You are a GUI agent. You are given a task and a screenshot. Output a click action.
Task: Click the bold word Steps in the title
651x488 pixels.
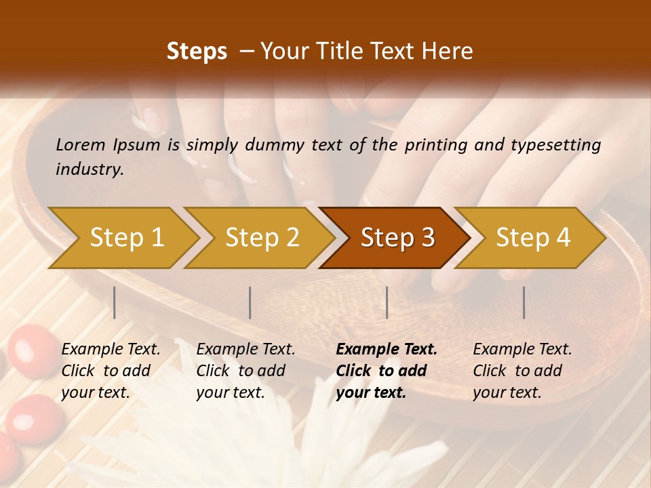(x=197, y=52)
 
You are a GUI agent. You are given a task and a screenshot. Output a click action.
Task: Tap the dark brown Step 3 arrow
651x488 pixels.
(x=397, y=237)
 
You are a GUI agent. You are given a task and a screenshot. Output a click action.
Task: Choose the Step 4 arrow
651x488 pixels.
(x=533, y=237)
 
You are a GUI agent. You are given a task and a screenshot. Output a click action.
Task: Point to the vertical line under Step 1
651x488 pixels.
(x=115, y=302)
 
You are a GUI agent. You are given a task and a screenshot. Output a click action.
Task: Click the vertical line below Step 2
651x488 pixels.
(x=250, y=302)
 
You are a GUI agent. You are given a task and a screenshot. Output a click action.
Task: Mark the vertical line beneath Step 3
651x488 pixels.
(x=387, y=302)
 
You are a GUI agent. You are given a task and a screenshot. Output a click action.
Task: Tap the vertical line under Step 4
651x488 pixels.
(x=524, y=302)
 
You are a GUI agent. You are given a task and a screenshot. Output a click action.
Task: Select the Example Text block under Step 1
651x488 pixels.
(x=111, y=371)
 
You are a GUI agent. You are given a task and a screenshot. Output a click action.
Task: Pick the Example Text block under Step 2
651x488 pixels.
(x=245, y=371)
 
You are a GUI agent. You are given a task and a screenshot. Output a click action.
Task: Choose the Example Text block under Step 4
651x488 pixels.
(x=522, y=371)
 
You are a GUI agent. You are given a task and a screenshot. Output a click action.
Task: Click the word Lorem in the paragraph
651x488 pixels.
(x=79, y=144)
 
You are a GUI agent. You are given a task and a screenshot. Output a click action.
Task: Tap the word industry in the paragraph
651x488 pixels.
(x=90, y=169)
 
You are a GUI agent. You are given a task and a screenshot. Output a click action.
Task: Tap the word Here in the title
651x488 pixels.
(x=448, y=52)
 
